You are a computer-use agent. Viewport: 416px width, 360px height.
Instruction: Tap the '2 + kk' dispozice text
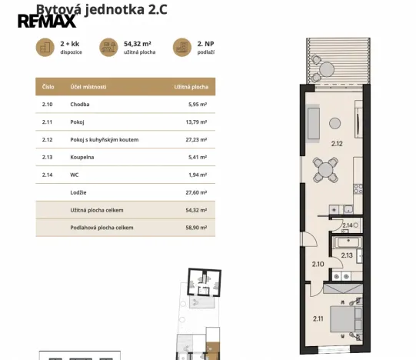(x=71, y=45)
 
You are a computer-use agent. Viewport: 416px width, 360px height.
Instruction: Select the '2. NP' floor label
(x=205, y=45)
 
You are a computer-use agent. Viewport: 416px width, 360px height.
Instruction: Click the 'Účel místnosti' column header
(x=88, y=88)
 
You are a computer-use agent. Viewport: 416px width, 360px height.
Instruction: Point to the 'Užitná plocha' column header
(x=191, y=88)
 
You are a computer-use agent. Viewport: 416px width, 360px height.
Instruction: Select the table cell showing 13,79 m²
(x=195, y=122)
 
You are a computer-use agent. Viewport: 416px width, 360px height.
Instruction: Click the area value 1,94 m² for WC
(x=197, y=175)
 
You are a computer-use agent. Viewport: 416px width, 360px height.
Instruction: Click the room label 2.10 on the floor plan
(x=318, y=264)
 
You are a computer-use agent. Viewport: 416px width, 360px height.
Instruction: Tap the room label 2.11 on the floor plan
(x=318, y=318)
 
